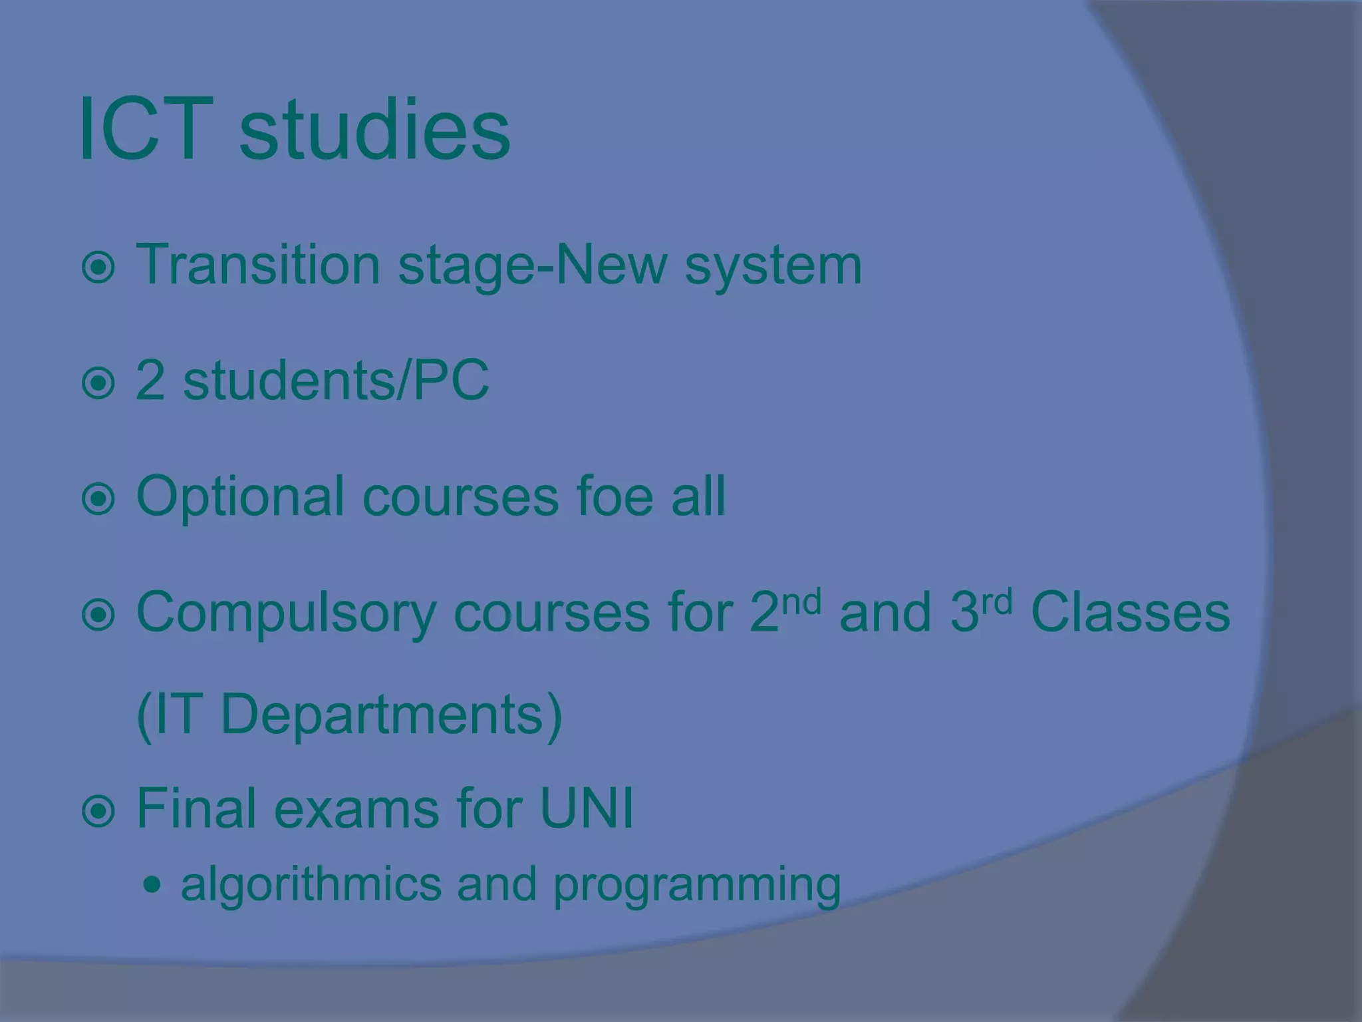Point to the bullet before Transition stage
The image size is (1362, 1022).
click(98, 267)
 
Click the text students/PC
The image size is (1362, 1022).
click(336, 381)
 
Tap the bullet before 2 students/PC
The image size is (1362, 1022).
click(98, 383)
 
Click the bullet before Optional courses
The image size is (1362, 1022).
click(98, 499)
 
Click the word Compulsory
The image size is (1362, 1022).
click(285, 613)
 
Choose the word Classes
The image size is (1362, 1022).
click(1130, 612)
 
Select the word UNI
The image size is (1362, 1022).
click(587, 808)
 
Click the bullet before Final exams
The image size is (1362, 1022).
click(98, 810)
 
